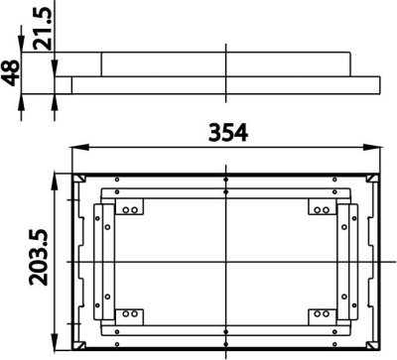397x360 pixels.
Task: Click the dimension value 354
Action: (227, 131)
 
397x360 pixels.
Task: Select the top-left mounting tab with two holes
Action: (128, 209)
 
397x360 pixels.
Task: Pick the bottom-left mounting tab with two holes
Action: (128, 314)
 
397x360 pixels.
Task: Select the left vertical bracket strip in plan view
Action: (100, 262)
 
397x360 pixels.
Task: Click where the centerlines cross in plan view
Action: (226, 261)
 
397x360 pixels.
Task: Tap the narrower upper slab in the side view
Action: (226, 62)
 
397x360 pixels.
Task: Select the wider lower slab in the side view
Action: (226, 84)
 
